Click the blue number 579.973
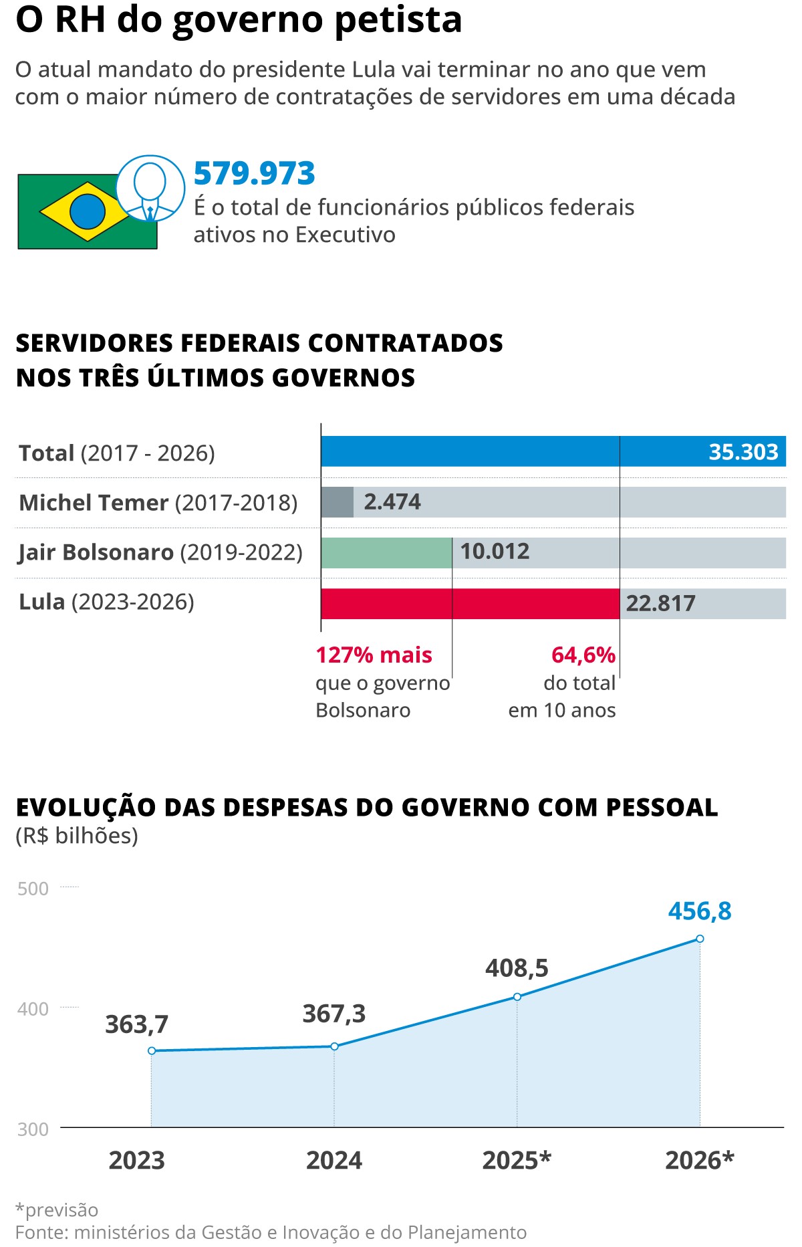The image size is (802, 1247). click(254, 173)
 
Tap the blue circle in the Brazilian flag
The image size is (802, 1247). click(88, 211)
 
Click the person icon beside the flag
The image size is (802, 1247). click(150, 189)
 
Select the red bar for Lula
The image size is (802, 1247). click(470, 604)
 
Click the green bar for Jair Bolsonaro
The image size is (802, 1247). click(386, 553)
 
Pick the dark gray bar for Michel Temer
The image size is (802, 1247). click(337, 502)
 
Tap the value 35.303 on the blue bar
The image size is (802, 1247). click(743, 452)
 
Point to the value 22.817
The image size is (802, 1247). click(660, 604)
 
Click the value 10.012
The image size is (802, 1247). click(495, 552)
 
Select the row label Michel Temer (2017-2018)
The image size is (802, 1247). click(158, 503)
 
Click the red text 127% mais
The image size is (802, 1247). click(374, 655)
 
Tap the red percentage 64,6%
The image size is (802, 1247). click(583, 655)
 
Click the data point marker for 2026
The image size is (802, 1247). click(700, 939)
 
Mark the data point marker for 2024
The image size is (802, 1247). click(334, 1046)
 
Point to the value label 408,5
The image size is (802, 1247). click(517, 968)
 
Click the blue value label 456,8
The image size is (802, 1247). click(700, 911)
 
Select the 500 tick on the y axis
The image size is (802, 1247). click(33, 889)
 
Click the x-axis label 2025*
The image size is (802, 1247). click(517, 1160)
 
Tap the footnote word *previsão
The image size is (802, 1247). click(57, 1210)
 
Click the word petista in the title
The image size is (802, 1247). click(398, 20)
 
